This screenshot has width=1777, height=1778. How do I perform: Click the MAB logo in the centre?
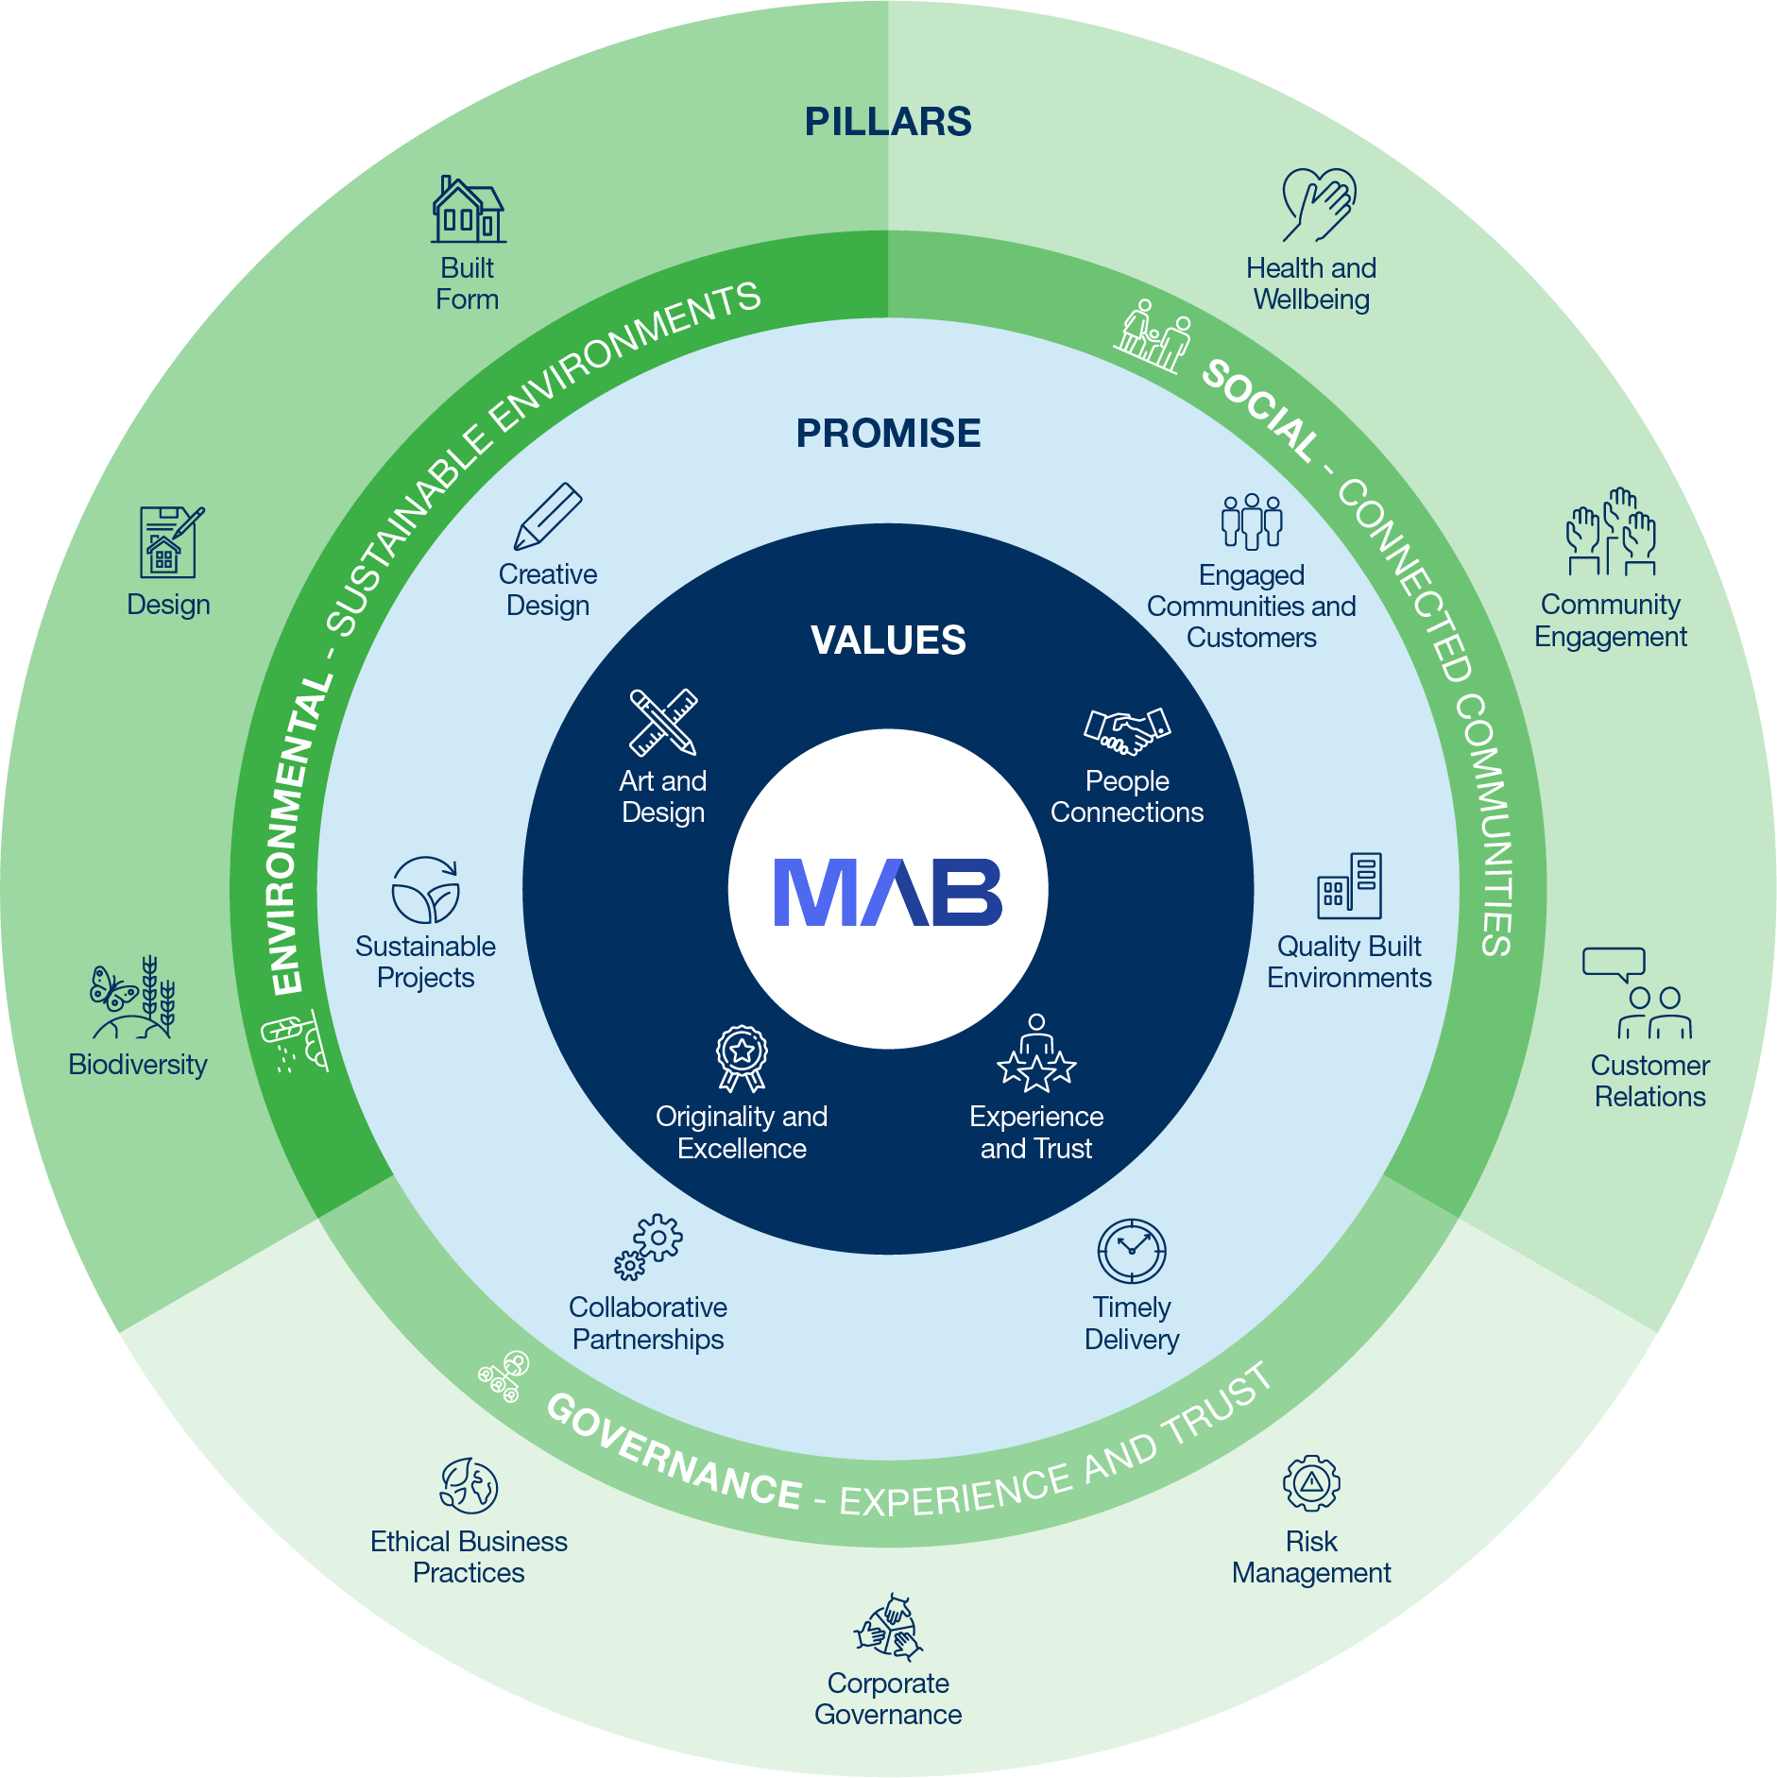pyautogui.click(x=887, y=892)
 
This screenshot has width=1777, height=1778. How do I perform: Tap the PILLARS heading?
pyautogui.click(x=887, y=122)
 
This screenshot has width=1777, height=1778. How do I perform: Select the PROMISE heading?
pyautogui.click(x=887, y=434)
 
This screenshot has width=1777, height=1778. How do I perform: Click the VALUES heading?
pyautogui.click(x=887, y=641)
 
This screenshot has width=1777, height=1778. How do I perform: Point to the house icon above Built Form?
pyautogui.click(x=468, y=210)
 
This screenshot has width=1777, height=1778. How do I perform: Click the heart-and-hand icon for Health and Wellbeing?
pyautogui.click(x=1317, y=204)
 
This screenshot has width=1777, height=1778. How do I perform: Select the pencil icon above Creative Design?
pyautogui.click(x=548, y=516)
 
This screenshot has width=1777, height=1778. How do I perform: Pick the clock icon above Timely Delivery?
pyautogui.click(x=1131, y=1251)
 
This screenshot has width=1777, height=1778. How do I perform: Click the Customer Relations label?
pyautogui.click(x=1649, y=1081)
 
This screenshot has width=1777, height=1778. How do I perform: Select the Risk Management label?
pyautogui.click(x=1310, y=1557)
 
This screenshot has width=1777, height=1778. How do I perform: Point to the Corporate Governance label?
pyautogui.click(x=887, y=1699)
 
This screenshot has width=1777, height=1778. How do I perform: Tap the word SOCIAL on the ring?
pyautogui.click(x=1258, y=409)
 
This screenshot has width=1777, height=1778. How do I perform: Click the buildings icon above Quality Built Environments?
pyautogui.click(x=1349, y=886)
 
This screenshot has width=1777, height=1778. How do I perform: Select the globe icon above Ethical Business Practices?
pyautogui.click(x=469, y=1485)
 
